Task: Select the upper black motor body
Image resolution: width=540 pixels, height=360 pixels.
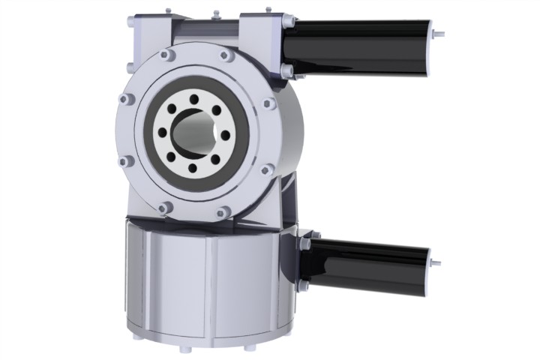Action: (356, 46)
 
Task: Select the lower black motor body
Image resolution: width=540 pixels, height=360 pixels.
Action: (367, 268)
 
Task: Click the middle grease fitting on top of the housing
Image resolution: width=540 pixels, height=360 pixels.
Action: (215, 14)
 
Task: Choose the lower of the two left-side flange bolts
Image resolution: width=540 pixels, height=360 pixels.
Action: (125, 160)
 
